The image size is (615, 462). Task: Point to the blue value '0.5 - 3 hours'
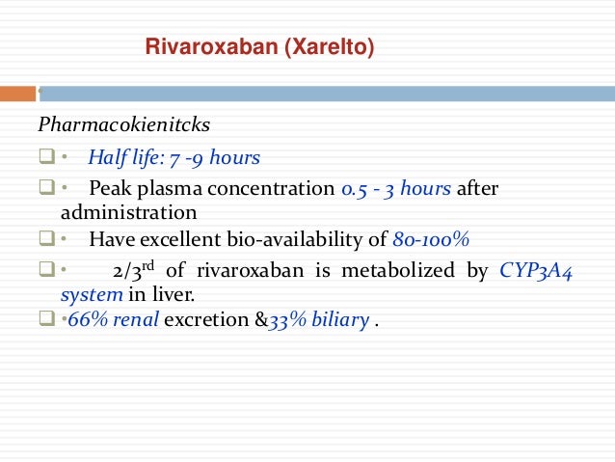tap(396, 188)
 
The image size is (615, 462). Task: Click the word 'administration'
tap(129, 211)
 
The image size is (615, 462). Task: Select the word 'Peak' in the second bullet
tap(108, 188)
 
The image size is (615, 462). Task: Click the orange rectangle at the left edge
tap(16, 95)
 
